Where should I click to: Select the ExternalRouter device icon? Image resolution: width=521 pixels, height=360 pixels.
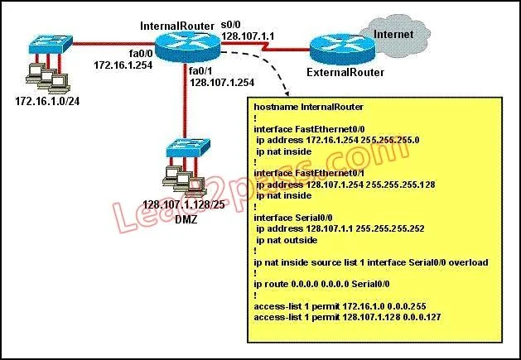coord(342,49)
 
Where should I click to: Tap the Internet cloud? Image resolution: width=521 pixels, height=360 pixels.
coord(395,35)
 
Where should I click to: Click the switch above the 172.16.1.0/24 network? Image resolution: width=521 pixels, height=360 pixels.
coord(51,44)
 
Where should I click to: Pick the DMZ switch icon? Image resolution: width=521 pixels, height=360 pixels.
coord(188,148)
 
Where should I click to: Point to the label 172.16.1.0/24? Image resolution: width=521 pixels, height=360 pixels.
coord(47,101)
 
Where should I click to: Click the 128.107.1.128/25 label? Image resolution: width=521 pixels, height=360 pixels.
coord(184,204)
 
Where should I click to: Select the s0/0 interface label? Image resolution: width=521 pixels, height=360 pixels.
coord(230,25)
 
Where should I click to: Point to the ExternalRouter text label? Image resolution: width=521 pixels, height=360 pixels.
coord(345,72)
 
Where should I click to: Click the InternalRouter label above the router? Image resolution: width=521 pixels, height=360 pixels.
coord(177,26)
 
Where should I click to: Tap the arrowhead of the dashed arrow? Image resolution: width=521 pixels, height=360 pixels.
coord(287,93)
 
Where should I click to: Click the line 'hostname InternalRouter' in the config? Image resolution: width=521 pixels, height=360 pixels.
coord(309,107)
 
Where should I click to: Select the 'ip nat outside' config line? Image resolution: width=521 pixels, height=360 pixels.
coord(287,240)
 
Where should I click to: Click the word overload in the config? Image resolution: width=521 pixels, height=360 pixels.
coord(469,262)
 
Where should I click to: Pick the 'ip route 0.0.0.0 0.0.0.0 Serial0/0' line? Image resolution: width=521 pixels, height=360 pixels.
coord(321,285)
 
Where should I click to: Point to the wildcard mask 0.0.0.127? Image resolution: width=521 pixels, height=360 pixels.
coord(422,317)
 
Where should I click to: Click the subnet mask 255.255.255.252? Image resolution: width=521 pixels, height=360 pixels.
coord(390,228)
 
